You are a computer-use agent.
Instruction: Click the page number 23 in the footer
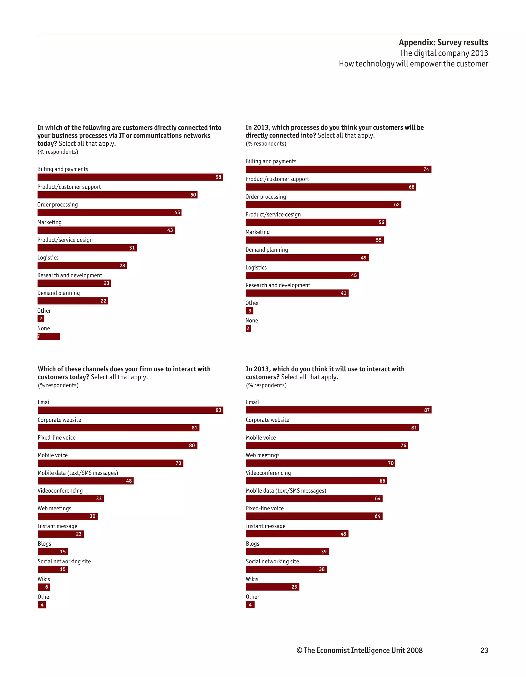point(484,650)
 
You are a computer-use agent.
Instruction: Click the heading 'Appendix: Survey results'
point(443,42)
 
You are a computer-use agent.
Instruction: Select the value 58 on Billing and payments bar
point(218,177)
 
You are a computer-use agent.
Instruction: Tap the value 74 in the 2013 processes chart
point(426,169)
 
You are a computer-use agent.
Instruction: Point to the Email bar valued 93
point(130,410)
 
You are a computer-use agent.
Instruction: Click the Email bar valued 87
point(339,410)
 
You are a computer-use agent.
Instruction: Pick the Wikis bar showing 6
point(44,587)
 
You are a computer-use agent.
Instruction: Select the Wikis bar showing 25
point(272,587)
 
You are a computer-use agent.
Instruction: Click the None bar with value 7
point(49,336)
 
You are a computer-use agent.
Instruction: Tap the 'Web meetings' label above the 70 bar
point(262,455)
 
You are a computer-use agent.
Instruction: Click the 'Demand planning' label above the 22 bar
point(59,293)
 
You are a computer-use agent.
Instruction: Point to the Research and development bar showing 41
point(297,293)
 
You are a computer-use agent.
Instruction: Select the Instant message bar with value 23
point(60,534)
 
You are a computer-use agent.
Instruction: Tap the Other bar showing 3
point(250,311)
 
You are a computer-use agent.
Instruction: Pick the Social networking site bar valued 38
point(286,569)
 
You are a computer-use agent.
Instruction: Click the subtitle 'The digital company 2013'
point(443,53)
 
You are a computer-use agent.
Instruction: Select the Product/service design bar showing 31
point(87,248)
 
